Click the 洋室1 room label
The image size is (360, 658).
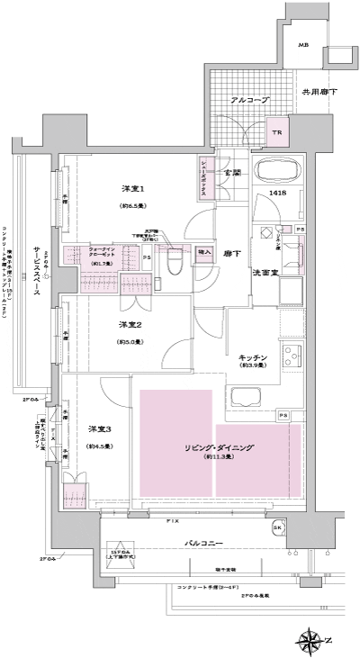click(133, 189)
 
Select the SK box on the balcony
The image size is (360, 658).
click(278, 527)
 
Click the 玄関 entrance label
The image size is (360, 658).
click(232, 171)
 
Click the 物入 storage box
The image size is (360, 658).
click(204, 254)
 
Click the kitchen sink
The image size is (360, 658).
click(245, 397)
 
